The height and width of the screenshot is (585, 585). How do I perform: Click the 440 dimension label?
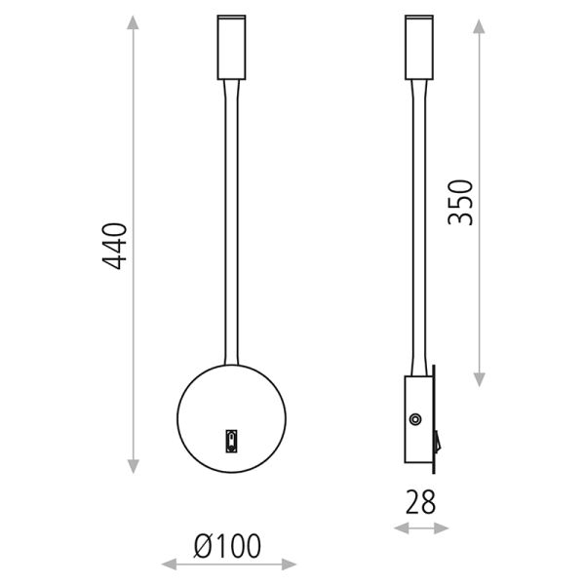[x=115, y=246]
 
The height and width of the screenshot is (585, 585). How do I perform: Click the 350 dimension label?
[x=460, y=203]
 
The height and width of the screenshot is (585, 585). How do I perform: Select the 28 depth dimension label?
[x=420, y=502]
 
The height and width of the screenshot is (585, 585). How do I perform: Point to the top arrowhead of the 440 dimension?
[x=133, y=22]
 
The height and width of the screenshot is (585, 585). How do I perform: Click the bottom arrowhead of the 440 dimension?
[x=134, y=467]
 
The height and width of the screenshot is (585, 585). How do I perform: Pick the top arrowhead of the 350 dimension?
[x=479, y=26]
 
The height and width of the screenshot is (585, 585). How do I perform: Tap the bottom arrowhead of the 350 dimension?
[x=479, y=380]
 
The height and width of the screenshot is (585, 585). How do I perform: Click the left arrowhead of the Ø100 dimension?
[x=169, y=565]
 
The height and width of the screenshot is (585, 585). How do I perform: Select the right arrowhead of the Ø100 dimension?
[x=290, y=565]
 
